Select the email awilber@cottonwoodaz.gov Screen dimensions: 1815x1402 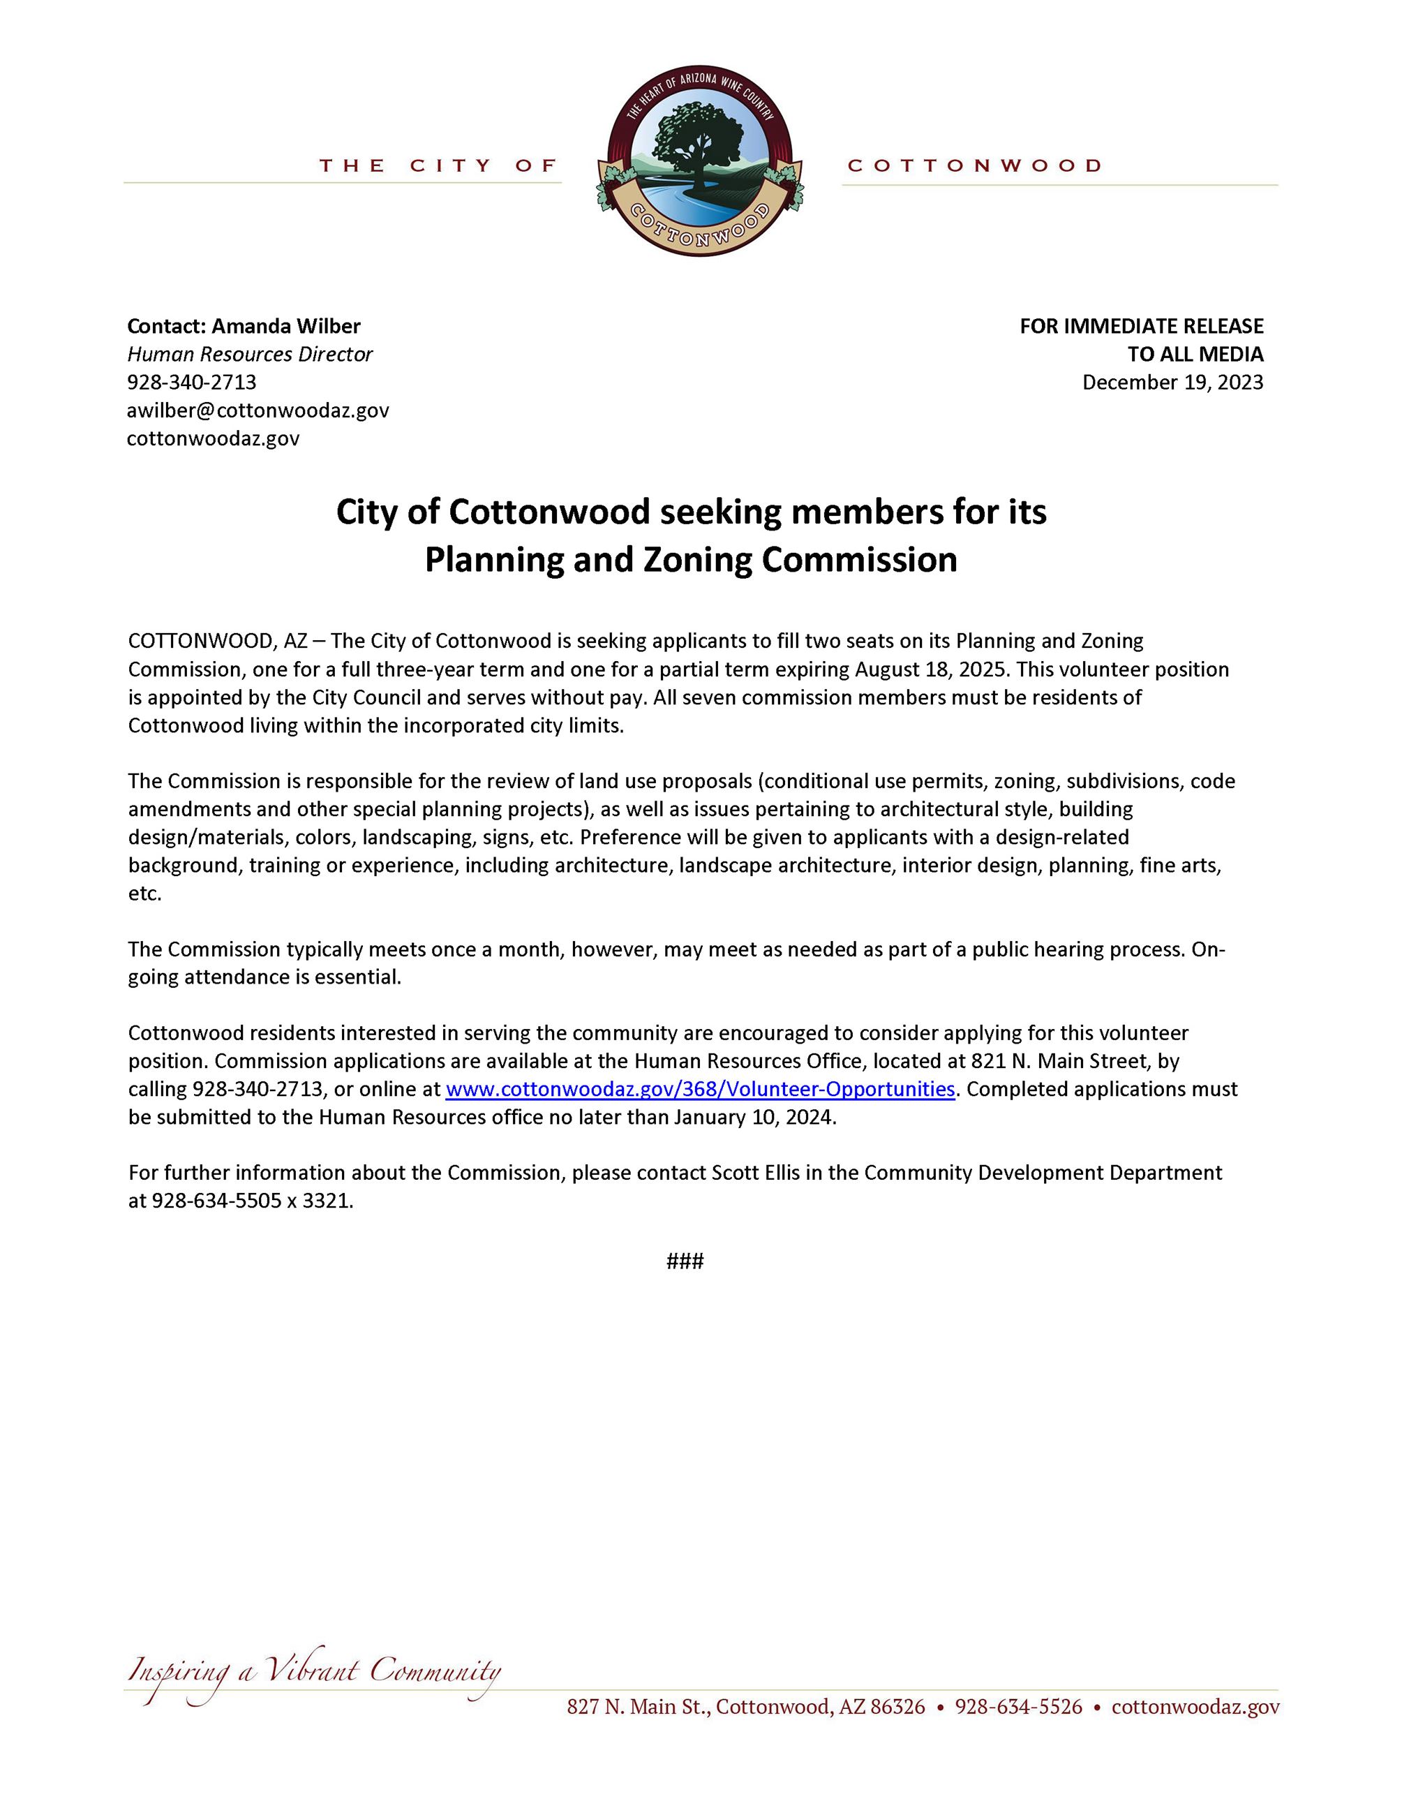(x=258, y=410)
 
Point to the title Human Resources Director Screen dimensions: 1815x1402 (x=250, y=354)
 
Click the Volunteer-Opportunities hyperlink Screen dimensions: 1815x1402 (x=699, y=1089)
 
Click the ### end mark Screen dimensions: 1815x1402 (x=685, y=1261)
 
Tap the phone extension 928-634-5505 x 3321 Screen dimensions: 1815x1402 (x=253, y=1201)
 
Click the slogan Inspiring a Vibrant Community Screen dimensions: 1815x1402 (x=314, y=1672)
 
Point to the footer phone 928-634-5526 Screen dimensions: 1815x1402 (x=1018, y=1707)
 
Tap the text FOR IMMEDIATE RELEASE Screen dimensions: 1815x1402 (x=1141, y=326)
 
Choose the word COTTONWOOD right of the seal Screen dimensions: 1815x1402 (x=974, y=166)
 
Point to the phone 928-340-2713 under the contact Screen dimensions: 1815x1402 (x=192, y=383)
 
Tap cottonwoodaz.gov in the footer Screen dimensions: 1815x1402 (x=1195, y=1707)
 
